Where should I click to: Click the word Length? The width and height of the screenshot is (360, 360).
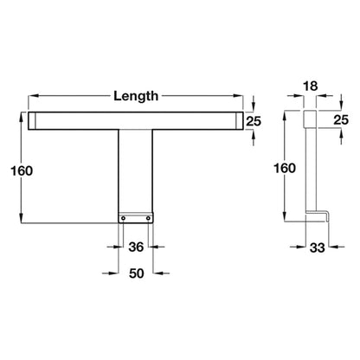[x=136, y=96]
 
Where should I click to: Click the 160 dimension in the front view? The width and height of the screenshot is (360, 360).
[x=22, y=170]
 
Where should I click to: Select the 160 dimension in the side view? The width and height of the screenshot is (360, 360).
[x=285, y=168]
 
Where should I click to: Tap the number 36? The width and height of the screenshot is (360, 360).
[x=136, y=247]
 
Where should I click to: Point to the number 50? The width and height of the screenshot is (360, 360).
[x=137, y=273]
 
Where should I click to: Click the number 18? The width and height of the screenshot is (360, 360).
[x=311, y=86]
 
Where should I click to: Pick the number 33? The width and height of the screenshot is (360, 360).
[x=318, y=247]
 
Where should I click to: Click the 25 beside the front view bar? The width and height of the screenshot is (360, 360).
[x=254, y=121]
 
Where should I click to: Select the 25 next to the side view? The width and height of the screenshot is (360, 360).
[x=341, y=119]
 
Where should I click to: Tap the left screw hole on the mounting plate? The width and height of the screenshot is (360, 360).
[x=123, y=218]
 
